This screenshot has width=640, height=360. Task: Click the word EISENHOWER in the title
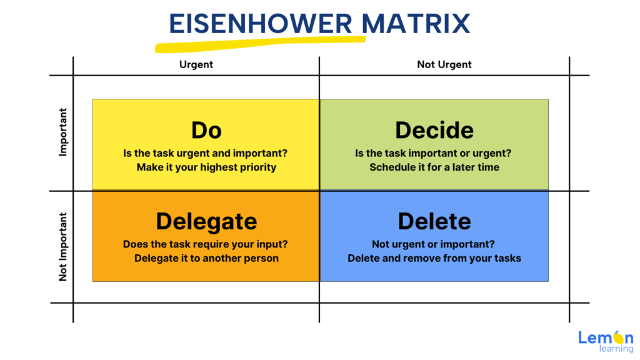point(261,24)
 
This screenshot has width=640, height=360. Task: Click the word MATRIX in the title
point(416,24)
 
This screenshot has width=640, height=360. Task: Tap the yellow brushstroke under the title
point(260,44)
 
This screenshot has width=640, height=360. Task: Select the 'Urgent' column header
point(196,64)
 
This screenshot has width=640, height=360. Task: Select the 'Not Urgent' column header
point(444,64)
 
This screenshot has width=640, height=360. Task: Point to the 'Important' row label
point(63,132)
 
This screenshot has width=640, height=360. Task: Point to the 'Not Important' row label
point(63,247)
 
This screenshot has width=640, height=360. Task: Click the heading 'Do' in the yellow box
point(206,130)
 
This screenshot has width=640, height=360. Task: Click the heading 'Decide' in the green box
point(434,130)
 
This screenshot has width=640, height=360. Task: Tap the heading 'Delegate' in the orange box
point(206,222)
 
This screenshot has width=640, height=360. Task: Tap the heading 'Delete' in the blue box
point(434,221)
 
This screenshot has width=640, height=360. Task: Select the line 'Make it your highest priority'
point(206,167)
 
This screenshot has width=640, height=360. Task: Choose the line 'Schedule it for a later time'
point(434,167)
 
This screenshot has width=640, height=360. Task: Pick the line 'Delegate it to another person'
point(206,258)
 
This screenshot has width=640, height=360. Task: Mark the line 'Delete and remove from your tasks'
point(434,258)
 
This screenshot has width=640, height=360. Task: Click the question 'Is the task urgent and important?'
point(205,154)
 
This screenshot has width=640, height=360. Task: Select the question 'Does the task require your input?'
point(205,244)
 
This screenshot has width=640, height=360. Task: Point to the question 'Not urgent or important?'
point(433,244)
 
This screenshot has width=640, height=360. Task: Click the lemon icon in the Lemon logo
point(619,337)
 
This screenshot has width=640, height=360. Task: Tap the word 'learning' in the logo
point(616,349)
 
